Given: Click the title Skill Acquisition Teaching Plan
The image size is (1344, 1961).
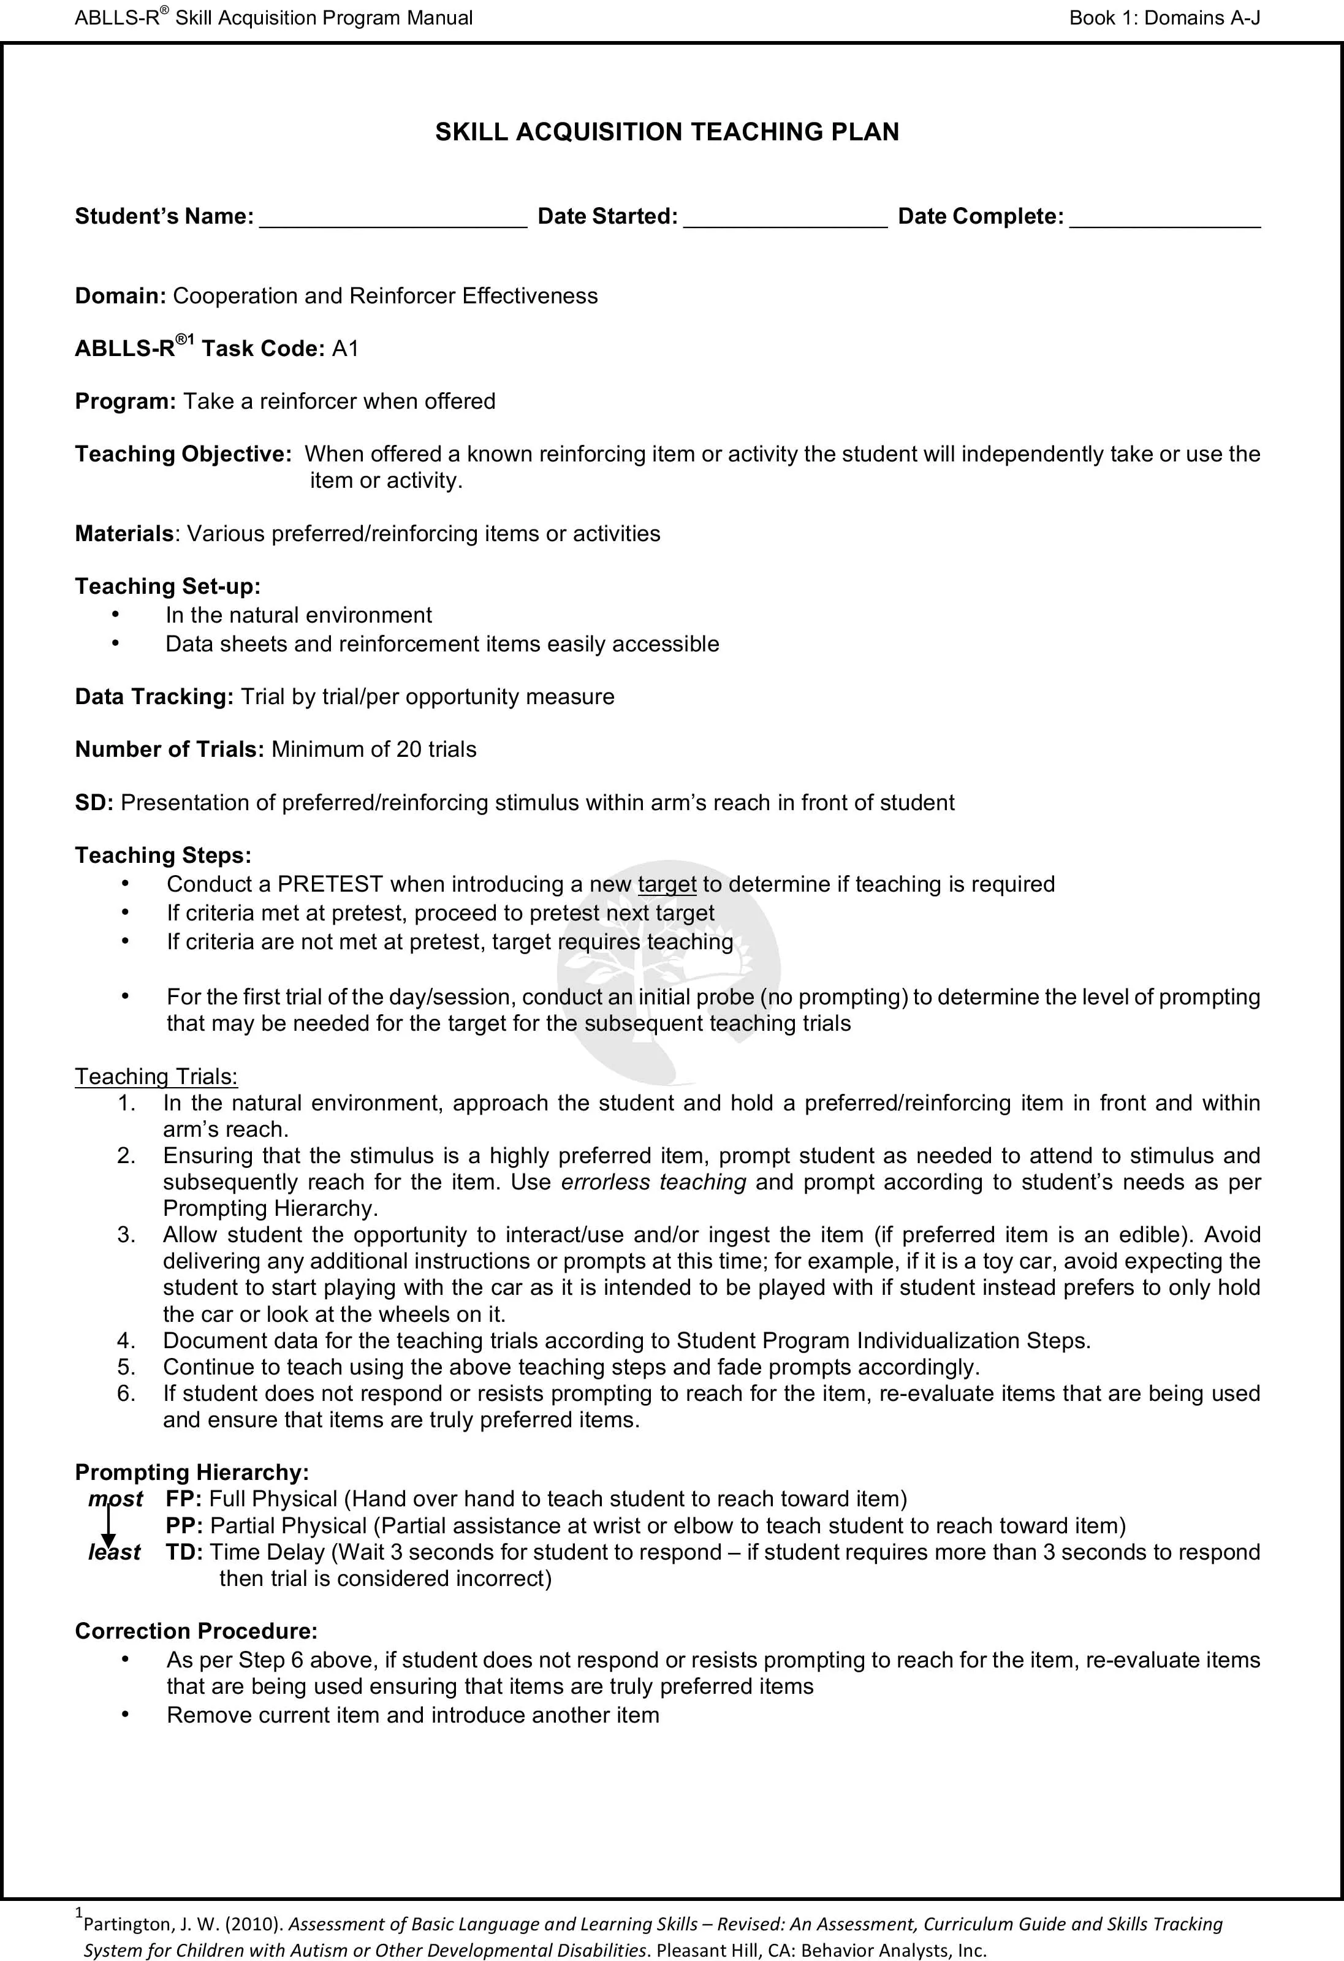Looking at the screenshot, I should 667,132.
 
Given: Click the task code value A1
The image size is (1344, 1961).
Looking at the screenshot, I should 346,349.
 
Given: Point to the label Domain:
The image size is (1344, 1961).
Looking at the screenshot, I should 121,296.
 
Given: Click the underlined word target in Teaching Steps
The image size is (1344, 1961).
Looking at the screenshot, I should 667,884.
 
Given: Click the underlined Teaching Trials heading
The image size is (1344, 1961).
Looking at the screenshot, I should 156,1077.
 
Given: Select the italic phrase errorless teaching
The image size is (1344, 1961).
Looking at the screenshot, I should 653,1182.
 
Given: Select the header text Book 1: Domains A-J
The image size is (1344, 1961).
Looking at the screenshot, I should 1164,18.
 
